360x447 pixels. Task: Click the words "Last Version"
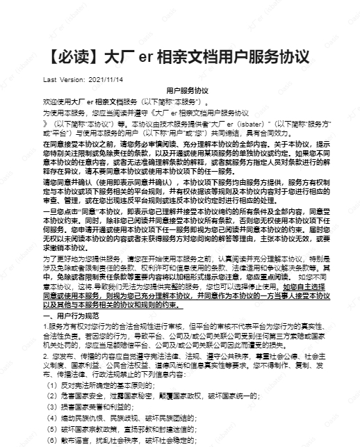point(62,79)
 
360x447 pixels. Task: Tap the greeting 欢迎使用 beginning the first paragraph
point(56,101)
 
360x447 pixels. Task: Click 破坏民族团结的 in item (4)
point(165,420)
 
